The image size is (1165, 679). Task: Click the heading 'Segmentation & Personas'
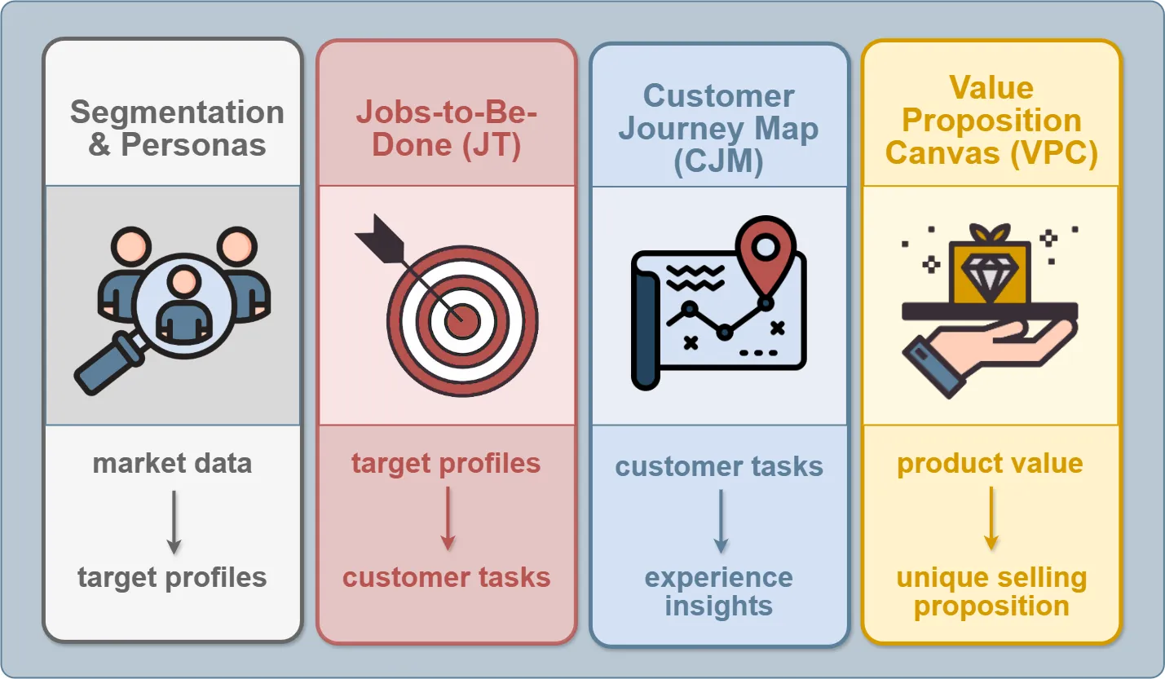pyautogui.click(x=177, y=128)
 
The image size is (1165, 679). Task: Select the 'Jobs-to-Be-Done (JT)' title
pyautogui.click(x=447, y=128)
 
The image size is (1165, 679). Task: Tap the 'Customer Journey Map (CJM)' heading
pyautogui.click(x=718, y=128)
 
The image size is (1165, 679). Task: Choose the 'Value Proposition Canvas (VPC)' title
pyautogui.click(x=991, y=120)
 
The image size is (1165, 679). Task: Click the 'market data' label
pyautogui.click(x=172, y=464)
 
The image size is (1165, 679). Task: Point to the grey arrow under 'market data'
pyautogui.click(x=173, y=521)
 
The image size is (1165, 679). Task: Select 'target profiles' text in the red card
pyautogui.click(x=446, y=464)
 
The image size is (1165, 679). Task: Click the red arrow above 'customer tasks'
pyautogui.click(x=447, y=519)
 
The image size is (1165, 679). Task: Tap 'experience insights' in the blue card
pyautogui.click(x=718, y=591)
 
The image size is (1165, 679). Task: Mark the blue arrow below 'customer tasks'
pyautogui.click(x=720, y=521)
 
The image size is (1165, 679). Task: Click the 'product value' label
pyautogui.click(x=990, y=464)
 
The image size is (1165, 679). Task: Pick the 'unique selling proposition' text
pyautogui.click(x=991, y=592)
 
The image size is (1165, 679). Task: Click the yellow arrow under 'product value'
pyautogui.click(x=991, y=519)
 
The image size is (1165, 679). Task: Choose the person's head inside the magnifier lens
pyautogui.click(x=184, y=281)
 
